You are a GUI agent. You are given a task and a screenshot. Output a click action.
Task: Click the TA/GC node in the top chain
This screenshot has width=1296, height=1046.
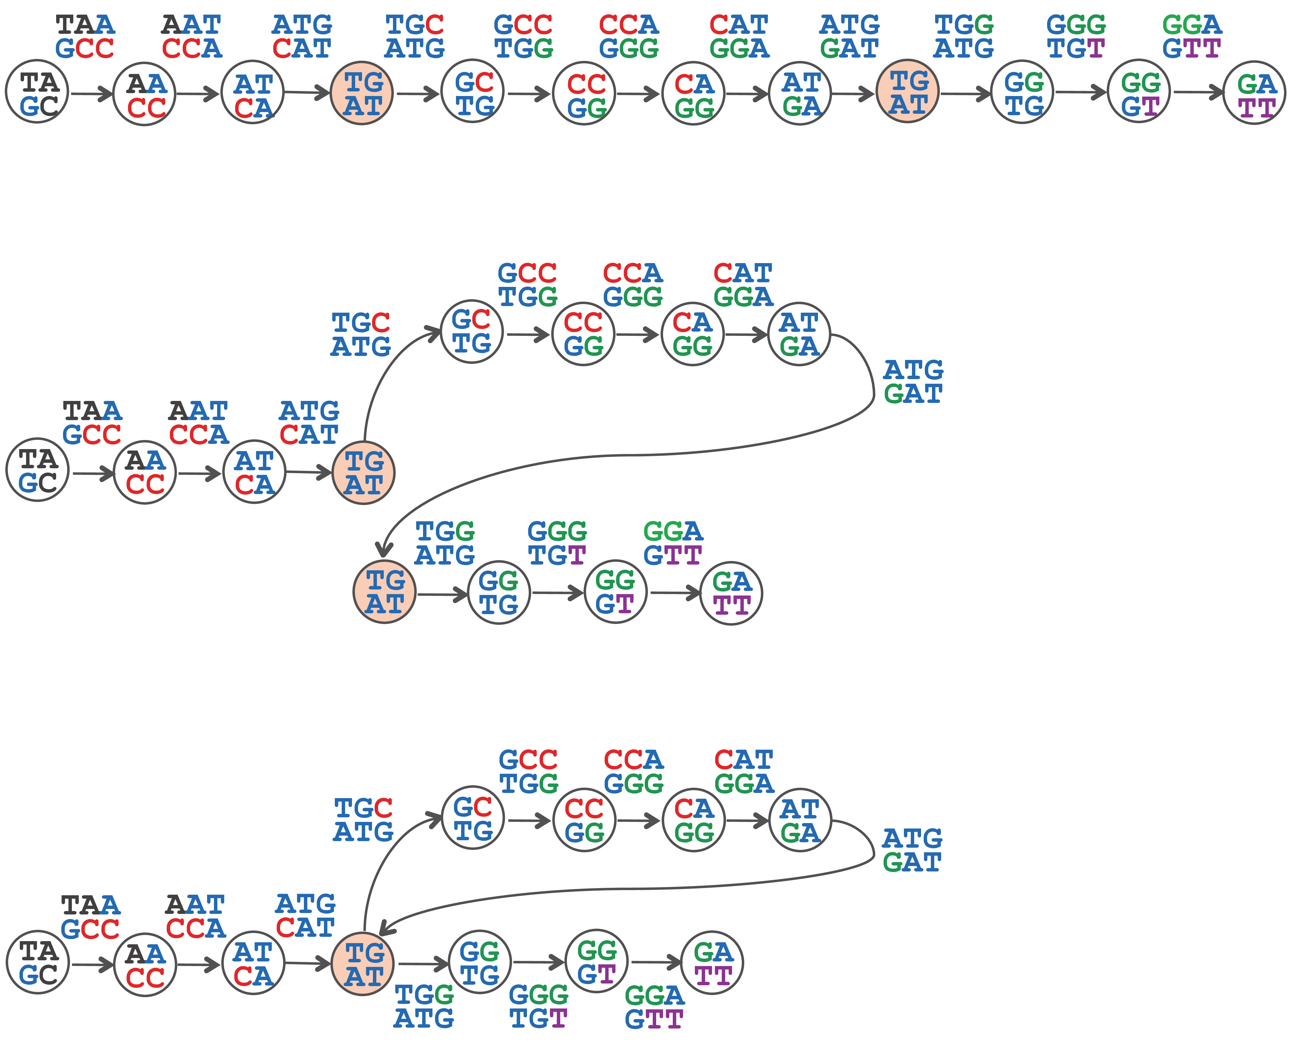[37, 92]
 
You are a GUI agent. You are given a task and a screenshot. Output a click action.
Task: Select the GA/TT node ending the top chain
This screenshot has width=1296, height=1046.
[1254, 93]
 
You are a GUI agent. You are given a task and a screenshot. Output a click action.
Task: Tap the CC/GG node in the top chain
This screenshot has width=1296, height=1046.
[584, 93]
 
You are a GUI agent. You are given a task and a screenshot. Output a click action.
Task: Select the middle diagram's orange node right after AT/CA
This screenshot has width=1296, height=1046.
[363, 472]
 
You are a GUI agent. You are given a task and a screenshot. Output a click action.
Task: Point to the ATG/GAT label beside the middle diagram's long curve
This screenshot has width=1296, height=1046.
[913, 381]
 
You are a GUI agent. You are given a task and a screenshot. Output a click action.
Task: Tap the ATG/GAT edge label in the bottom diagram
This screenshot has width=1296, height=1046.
[912, 850]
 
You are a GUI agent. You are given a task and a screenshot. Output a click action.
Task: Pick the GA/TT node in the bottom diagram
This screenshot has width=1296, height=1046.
[712, 962]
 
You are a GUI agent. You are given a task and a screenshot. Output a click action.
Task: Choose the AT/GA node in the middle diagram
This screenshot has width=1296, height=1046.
[799, 334]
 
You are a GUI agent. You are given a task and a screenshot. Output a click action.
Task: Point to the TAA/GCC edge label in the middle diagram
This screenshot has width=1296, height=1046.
[92, 422]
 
